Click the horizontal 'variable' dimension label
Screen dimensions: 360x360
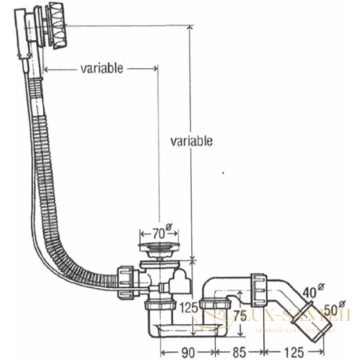click(x=101, y=69)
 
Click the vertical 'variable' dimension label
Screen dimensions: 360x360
click(x=191, y=142)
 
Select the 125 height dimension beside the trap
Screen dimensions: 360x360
click(x=189, y=307)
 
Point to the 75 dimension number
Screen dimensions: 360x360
click(x=239, y=315)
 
